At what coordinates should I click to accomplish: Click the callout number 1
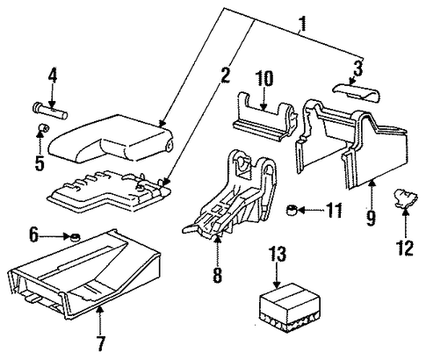click(302, 24)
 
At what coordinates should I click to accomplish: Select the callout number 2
click(225, 75)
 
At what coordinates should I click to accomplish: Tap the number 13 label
click(278, 254)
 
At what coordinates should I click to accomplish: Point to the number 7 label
click(101, 343)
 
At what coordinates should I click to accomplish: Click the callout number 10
click(264, 78)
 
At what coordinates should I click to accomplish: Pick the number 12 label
click(405, 248)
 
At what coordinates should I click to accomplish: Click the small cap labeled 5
click(44, 128)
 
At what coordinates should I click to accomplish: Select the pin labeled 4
click(50, 111)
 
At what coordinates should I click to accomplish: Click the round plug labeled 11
click(292, 210)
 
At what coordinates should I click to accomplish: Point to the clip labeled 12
click(405, 198)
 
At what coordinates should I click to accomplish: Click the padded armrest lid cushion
click(112, 138)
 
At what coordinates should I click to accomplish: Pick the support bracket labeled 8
click(230, 195)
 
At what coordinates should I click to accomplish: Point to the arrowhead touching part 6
click(69, 236)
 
